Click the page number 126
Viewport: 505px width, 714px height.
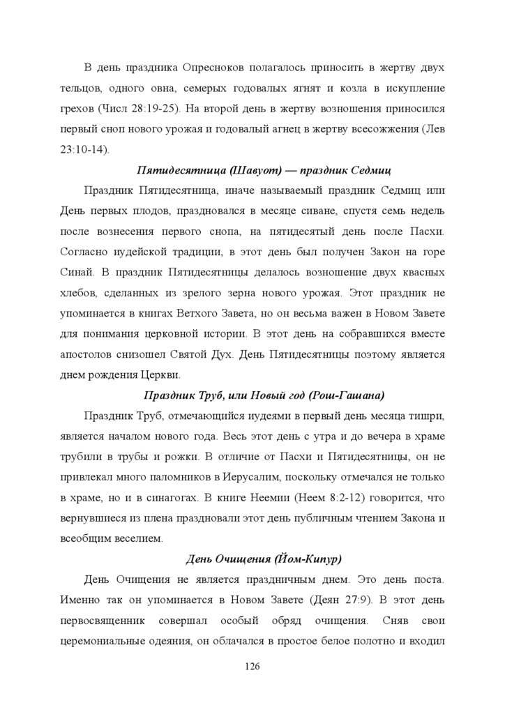coord(252,667)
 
